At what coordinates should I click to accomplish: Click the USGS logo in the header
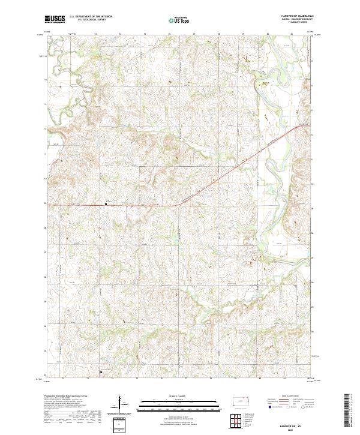pyautogui.click(x=55, y=19)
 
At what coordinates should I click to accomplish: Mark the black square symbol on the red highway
pyautogui.click(x=107, y=205)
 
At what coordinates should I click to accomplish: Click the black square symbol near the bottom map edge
pyautogui.click(x=101, y=371)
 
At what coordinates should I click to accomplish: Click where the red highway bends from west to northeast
pyautogui.click(x=178, y=206)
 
